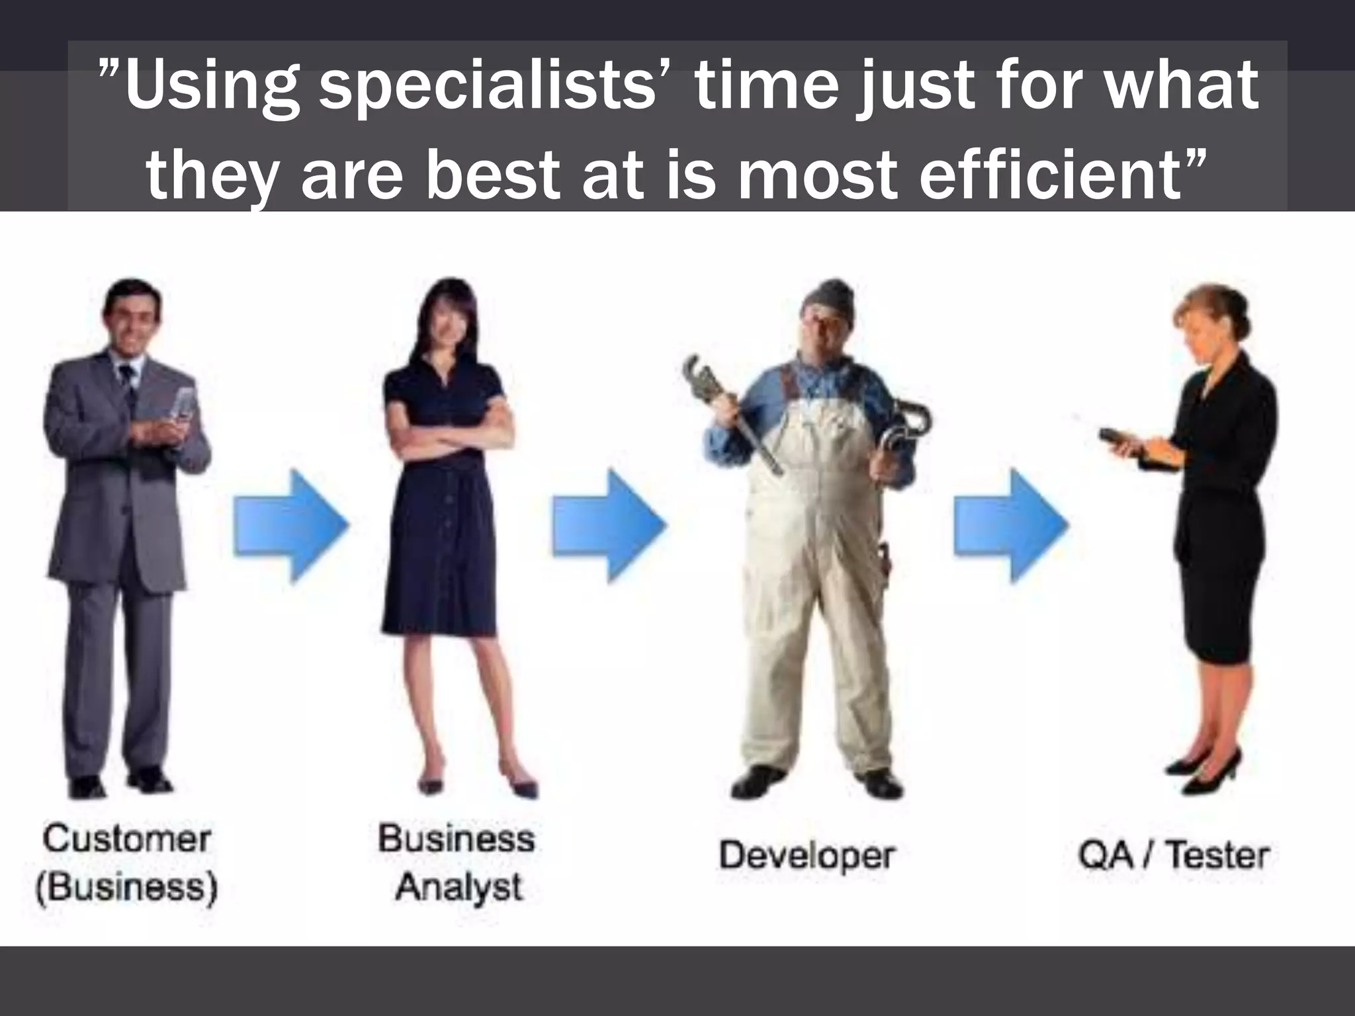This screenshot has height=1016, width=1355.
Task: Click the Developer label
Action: (x=806, y=855)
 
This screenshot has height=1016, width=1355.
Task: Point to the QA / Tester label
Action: (x=1172, y=855)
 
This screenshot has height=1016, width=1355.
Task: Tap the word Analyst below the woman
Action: (x=459, y=886)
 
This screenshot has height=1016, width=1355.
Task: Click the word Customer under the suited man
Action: (x=126, y=839)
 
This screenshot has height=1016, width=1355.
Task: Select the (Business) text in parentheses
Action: (x=126, y=886)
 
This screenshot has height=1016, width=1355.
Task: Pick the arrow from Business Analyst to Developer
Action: (x=609, y=526)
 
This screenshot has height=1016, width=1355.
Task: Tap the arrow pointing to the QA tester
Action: (x=1010, y=526)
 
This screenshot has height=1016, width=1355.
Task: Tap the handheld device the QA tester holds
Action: (x=1118, y=439)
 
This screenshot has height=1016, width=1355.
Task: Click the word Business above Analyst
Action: (x=456, y=839)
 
